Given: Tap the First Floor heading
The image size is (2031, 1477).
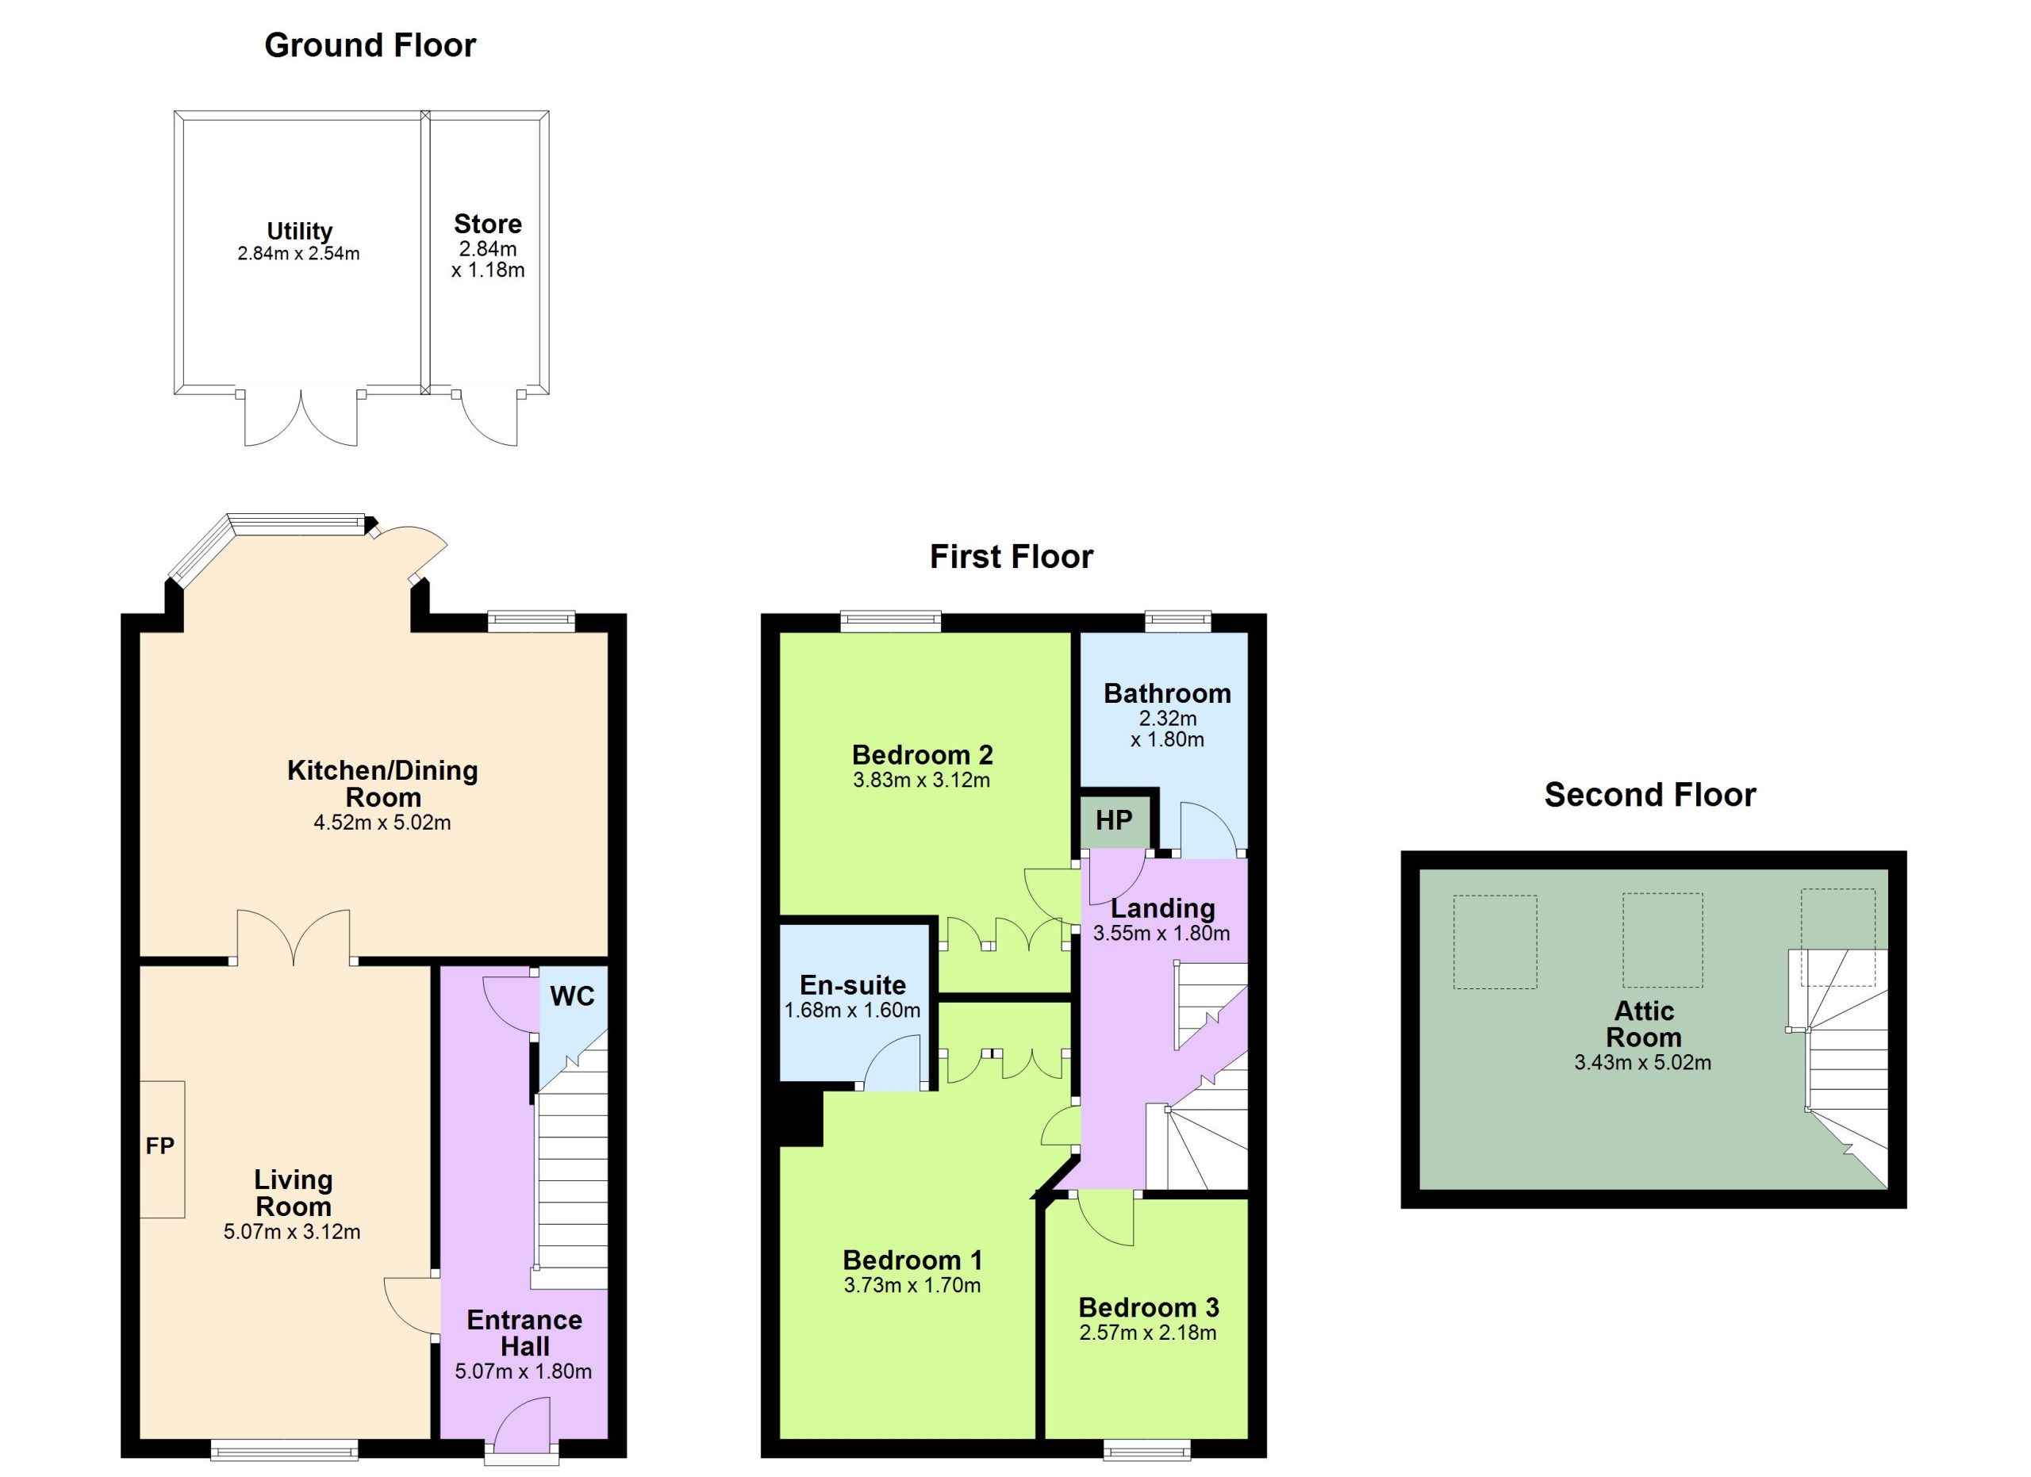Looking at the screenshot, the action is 1011,557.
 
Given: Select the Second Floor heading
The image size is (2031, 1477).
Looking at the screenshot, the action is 1649,795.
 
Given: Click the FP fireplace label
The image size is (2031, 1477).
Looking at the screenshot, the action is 160,1145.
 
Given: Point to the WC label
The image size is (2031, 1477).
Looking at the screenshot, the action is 572,996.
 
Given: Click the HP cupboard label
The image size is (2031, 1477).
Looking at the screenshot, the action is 1114,820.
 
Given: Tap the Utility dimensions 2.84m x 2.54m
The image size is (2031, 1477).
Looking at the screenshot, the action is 298,254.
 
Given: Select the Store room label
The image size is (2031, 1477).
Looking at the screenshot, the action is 487,224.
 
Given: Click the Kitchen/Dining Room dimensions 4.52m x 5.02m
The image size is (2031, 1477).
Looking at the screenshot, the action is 382,823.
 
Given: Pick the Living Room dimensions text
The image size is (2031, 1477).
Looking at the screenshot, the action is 292,1232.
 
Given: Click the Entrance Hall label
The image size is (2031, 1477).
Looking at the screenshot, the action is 524,1333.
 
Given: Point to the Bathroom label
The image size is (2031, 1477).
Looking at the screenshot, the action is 1167,694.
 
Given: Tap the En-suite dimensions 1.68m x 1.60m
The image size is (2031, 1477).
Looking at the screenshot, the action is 853,1011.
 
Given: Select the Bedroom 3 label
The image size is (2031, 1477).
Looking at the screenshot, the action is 1148,1308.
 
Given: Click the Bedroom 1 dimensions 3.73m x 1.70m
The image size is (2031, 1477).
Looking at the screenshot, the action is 912,1286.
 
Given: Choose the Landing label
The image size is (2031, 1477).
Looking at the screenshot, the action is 1162,908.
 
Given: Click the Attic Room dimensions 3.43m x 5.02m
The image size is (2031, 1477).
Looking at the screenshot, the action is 1642,1063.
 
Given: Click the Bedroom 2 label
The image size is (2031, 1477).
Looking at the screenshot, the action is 923,755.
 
